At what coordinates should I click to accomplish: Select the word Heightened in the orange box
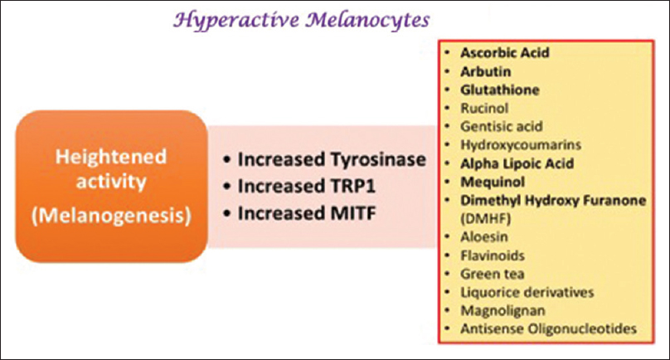coord(111,157)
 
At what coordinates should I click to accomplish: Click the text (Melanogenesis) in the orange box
coord(111,216)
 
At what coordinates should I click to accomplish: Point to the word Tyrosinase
coord(378,160)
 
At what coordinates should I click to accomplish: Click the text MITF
coord(353,213)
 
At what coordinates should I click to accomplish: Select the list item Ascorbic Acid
coord(505,52)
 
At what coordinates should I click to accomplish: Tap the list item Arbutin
coord(485,71)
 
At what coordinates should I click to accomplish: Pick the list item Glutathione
coord(499,90)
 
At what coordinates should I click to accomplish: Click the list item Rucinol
coord(484,108)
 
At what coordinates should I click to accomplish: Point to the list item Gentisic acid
coord(501,127)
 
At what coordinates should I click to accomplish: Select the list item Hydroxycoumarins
coord(521,145)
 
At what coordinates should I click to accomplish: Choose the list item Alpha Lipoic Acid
coord(517,163)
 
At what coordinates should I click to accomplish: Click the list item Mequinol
coord(493,182)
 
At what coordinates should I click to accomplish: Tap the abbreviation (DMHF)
coord(485,218)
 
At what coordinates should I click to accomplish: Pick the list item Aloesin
coord(484,237)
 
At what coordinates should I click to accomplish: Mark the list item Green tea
coord(493,274)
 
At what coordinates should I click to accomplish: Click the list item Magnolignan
coord(502,311)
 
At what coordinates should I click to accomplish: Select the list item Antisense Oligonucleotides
coord(548,328)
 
